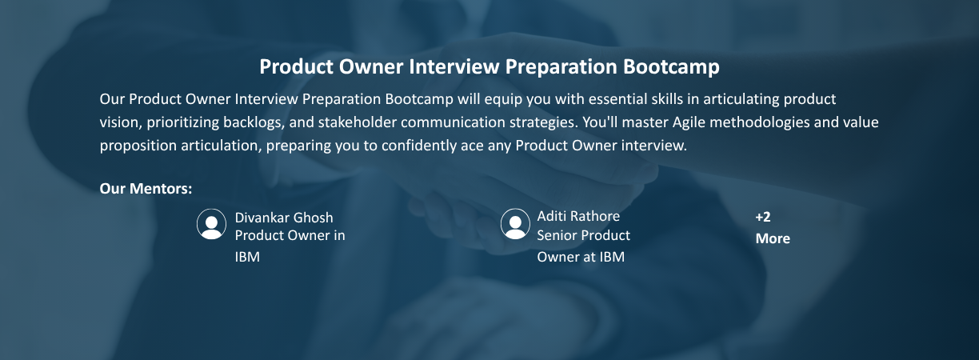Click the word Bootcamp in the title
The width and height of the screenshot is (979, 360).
671,67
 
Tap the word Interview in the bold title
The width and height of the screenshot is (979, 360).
454,67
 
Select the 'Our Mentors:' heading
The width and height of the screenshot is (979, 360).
146,189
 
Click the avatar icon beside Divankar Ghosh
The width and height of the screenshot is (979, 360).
211,224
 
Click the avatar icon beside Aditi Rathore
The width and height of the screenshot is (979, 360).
515,224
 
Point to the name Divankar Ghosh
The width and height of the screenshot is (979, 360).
284,218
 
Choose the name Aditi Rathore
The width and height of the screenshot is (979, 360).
578,216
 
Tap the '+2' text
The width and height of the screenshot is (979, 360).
763,217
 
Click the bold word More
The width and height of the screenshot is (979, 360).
773,238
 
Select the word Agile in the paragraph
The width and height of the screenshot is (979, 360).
689,122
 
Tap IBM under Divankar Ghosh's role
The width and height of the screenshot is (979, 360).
247,257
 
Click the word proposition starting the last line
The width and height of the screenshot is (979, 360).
138,146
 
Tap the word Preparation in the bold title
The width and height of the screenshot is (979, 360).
561,67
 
